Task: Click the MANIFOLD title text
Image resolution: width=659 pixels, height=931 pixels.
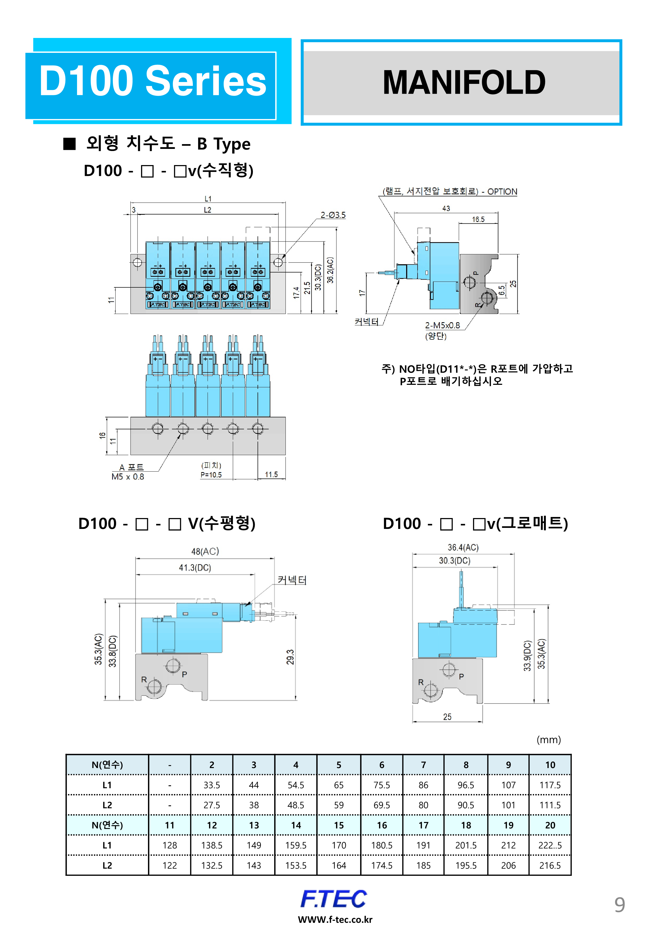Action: [x=464, y=82]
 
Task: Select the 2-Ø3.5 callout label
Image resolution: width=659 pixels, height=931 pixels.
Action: [x=333, y=215]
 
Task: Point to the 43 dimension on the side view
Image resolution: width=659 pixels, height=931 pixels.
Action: [x=446, y=208]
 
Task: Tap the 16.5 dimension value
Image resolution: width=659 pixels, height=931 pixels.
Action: [x=478, y=219]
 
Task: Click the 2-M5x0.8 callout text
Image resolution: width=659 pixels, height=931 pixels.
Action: [x=442, y=325]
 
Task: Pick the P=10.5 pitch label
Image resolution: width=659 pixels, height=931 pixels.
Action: [x=211, y=475]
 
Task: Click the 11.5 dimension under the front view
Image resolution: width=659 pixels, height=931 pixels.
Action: [x=271, y=475]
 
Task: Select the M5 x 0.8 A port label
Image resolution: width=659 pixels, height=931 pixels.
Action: [x=128, y=477]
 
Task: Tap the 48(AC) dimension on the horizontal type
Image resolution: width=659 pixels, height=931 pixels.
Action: [x=205, y=551]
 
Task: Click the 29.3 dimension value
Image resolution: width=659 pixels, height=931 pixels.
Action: [x=290, y=657]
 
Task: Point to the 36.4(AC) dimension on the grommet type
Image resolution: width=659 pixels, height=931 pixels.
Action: [x=463, y=548]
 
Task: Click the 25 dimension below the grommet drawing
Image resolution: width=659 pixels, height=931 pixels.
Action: [x=447, y=717]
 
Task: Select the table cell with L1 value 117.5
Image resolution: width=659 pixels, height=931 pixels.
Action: [x=550, y=785]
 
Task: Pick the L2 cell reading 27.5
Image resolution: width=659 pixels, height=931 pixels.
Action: [x=212, y=805]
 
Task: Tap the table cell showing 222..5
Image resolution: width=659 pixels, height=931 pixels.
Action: [x=550, y=846]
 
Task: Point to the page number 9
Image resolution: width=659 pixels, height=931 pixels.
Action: [x=619, y=905]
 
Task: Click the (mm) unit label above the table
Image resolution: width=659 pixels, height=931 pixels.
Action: [x=549, y=740]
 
